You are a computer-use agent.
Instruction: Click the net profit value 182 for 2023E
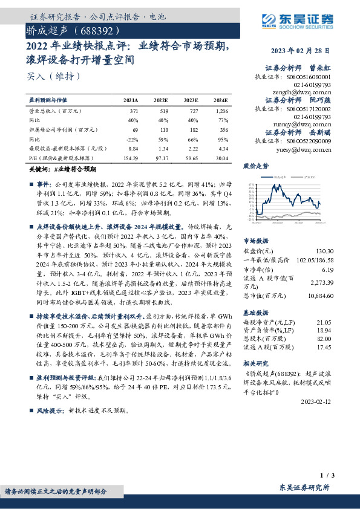pyautogui.click(x=193, y=130)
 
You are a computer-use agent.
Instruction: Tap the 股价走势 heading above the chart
pyautogui.click(x=256, y=165)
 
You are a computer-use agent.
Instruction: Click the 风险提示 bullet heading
pyautogui.click(x=51, y=410)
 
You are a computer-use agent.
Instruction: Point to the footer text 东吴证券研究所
pyautogui.click(x=304, y=487)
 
